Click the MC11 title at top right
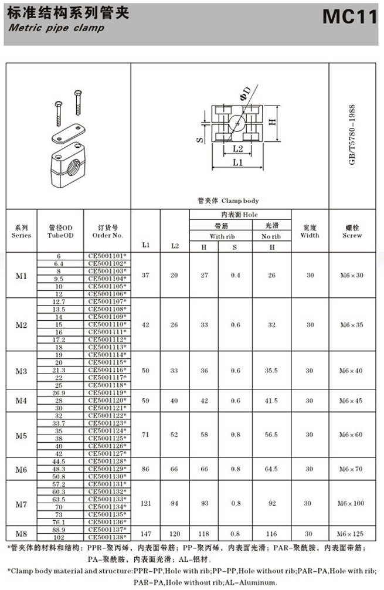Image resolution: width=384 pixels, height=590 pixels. (349, 18)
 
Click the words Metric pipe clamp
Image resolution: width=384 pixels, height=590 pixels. (57, 28)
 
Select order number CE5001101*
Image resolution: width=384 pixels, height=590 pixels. (108, 256)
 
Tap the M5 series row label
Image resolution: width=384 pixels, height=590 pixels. (22, 435)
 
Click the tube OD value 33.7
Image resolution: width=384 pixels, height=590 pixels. (59, 423)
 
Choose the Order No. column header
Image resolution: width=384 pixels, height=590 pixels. (108, 231)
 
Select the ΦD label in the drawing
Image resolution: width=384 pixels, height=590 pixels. (245, 93)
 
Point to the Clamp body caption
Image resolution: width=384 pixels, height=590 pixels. (229, 201)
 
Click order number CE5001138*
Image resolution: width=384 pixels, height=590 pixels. (108, 537)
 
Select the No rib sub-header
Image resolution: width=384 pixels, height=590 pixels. (271, 236)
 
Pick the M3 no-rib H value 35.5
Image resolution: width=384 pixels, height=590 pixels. (271, 370)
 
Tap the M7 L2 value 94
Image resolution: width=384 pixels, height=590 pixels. (175, 503)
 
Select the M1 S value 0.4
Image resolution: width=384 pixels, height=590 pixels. (235, 275)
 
